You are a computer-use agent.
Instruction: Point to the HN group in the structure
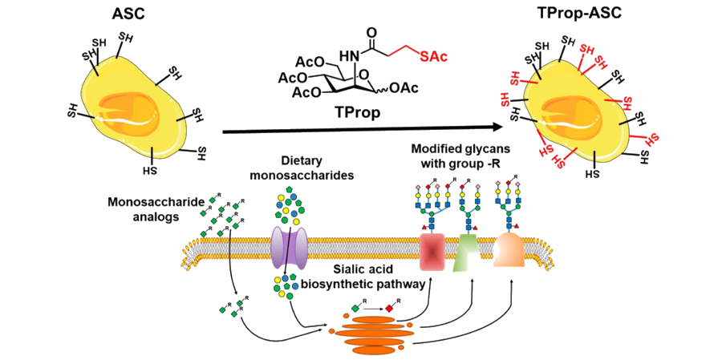347,55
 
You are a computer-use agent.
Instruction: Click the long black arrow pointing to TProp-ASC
361,127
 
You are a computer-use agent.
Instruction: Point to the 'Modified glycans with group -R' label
457,156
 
